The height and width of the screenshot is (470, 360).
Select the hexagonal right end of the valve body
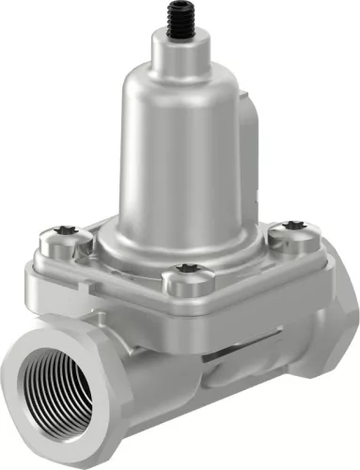pyautogui.click(x=334, y=329)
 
